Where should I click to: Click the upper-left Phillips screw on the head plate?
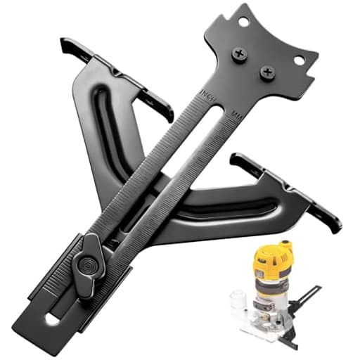(240, 53)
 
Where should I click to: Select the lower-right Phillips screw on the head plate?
(267, 72)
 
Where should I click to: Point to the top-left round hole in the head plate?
(243, 22)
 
